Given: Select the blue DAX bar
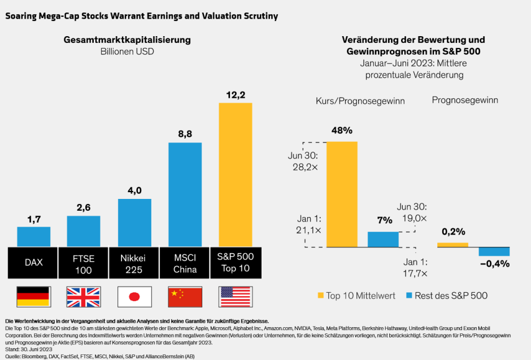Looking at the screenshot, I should point(33,236).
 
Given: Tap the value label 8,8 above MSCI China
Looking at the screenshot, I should point(185,134).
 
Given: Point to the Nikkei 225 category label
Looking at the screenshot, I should point(134,263).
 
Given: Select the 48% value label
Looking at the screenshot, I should point(342,130).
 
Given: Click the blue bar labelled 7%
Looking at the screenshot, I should point(383,239).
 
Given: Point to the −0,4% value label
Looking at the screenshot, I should point(494,263).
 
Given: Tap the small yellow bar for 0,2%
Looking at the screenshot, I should point(452,244).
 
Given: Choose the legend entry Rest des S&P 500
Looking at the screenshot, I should point(446,295).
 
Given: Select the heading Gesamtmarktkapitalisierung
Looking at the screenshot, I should point(127,40).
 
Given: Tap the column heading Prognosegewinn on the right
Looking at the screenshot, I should point(464,100).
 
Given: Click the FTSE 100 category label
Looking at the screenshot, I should point(84,263).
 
